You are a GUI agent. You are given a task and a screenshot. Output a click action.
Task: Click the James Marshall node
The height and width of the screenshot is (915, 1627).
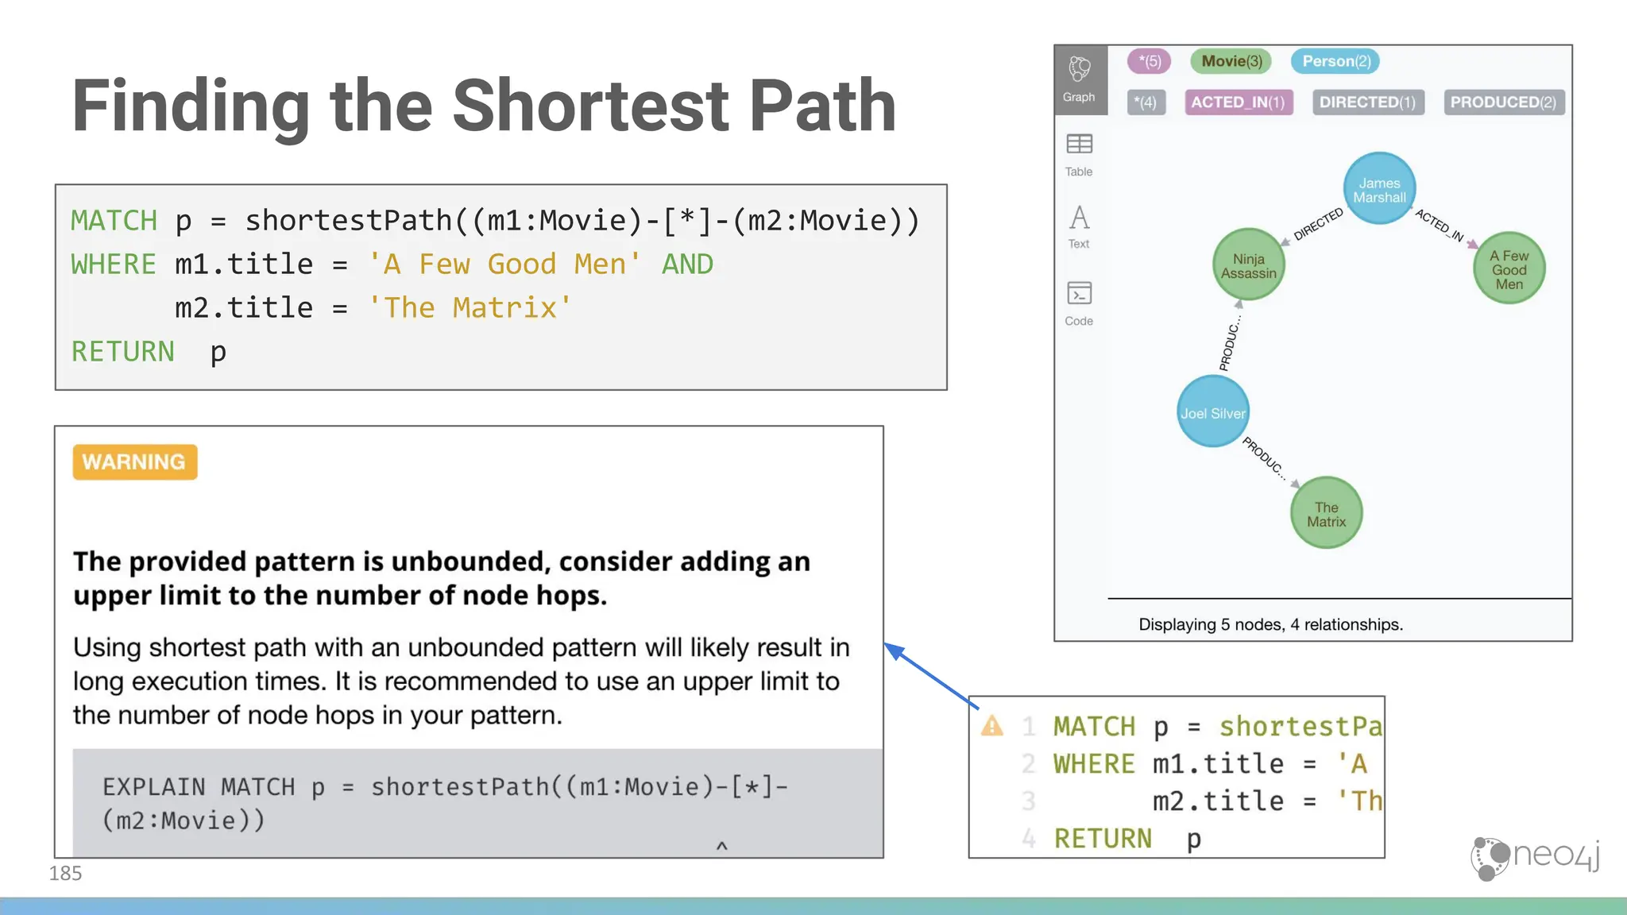(1379, 189)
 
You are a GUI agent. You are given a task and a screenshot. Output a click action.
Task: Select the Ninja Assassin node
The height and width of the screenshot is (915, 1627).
(1248, 265)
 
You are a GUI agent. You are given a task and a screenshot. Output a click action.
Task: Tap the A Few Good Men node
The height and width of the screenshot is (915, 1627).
(1509, 268)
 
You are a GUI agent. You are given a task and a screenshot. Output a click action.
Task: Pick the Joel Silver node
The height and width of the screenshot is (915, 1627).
(1212, 412)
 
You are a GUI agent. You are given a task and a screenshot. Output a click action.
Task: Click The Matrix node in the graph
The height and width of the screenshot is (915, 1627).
(1326, 513)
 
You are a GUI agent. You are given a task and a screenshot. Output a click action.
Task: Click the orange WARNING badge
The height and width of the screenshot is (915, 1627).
(134, 461)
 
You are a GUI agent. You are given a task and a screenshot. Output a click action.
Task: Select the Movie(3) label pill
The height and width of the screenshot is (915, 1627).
(1231, 61)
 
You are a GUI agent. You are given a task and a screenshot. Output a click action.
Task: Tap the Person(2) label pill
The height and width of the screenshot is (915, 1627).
(1335, 61)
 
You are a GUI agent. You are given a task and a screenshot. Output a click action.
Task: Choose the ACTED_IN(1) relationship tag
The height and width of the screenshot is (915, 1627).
(1238, 102)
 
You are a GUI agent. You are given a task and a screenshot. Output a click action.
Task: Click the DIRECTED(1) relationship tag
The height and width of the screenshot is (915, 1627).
(1367, 102)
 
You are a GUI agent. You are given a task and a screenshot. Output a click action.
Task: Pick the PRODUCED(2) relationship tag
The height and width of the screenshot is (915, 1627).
(1503, 102)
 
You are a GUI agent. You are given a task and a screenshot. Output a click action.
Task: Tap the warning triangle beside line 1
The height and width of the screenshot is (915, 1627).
(991, 726)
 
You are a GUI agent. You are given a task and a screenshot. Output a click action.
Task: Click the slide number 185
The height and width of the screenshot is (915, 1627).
(65, 873)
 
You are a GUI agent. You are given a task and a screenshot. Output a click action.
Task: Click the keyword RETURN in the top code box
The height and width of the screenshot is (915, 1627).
(122, 351)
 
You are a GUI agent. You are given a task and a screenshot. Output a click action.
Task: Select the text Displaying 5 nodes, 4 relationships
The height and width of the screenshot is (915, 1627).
(1270, 624)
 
